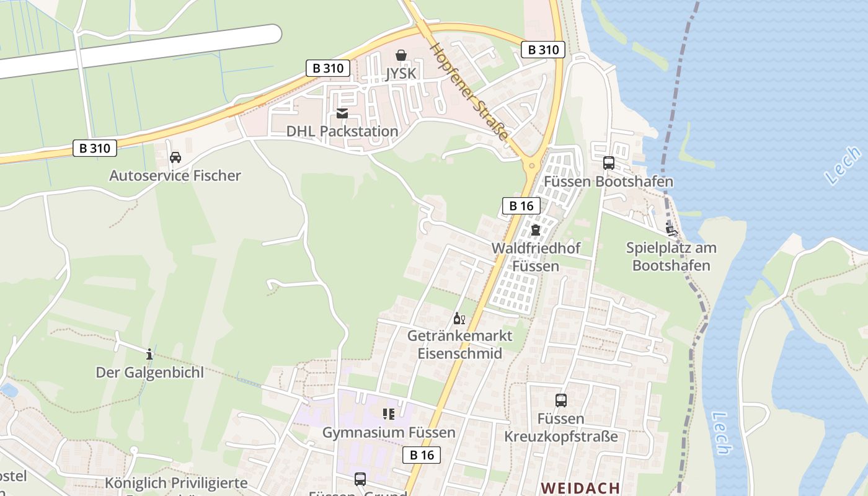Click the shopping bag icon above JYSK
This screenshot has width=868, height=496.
[401, 55]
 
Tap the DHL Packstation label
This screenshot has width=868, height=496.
[342, 131]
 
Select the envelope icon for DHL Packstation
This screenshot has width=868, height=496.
[342, 113]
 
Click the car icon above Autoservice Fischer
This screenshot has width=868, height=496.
[175, 157]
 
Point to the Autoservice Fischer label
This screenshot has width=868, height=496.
[175, 175]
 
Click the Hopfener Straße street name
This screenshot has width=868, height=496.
[469, 92]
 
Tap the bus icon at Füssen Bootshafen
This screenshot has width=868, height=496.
[609, 163]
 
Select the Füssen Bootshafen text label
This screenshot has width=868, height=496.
[609, 182]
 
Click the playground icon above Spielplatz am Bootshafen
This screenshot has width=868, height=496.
[671, 229]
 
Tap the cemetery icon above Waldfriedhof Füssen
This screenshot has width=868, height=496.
[536, 230]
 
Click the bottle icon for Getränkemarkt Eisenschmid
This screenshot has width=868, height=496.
[459, 319]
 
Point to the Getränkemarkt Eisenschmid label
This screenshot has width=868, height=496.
[459, 345]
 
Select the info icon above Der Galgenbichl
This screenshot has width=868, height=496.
[149, 354]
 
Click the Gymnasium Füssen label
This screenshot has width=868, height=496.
[389, 432]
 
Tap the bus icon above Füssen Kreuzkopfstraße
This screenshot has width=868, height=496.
[561, 401]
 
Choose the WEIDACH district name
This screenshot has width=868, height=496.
[580, 488]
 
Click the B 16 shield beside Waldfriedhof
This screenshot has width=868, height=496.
[521, 206]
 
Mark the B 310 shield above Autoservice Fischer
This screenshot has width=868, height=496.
[95, 148]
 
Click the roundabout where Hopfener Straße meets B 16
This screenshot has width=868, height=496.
[531, 165]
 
